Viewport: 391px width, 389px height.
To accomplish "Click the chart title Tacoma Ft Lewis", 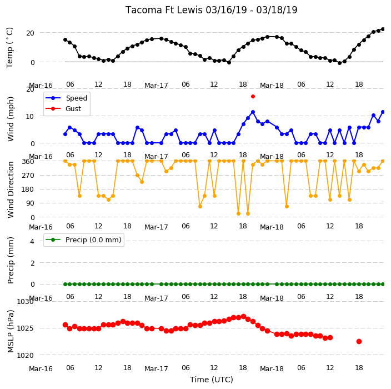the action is coord(164,10).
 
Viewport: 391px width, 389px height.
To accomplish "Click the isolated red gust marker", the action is coord(253,96).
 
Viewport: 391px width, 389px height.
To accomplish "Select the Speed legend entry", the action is coord(66,98).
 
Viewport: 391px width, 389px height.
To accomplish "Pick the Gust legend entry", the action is coord(63,108).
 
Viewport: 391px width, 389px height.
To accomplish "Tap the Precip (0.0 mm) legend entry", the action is coord(83,240).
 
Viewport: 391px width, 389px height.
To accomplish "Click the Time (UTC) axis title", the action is coord(212,380).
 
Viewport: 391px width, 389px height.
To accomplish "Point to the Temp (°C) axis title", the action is coord(10,48).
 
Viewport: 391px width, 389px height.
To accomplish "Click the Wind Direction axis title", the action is coord(11,189).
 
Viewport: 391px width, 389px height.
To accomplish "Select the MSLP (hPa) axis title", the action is coord(11,331).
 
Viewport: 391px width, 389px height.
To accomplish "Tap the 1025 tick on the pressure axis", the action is coord(25,328).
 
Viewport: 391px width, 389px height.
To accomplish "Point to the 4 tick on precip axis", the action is coord(32,241).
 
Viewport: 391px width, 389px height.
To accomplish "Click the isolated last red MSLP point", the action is coord(359,341).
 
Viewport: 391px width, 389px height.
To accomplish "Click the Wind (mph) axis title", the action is coord(11,119).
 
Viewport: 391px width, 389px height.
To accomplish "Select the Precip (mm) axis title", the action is coord(11,260).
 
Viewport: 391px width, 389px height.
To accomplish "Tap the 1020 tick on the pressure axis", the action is coord(25,355).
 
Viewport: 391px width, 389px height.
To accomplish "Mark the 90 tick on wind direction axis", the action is coord(30,203).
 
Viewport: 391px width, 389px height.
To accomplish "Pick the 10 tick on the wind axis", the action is coord(30,117).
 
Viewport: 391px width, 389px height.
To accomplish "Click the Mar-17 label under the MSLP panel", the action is coord(156,369).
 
